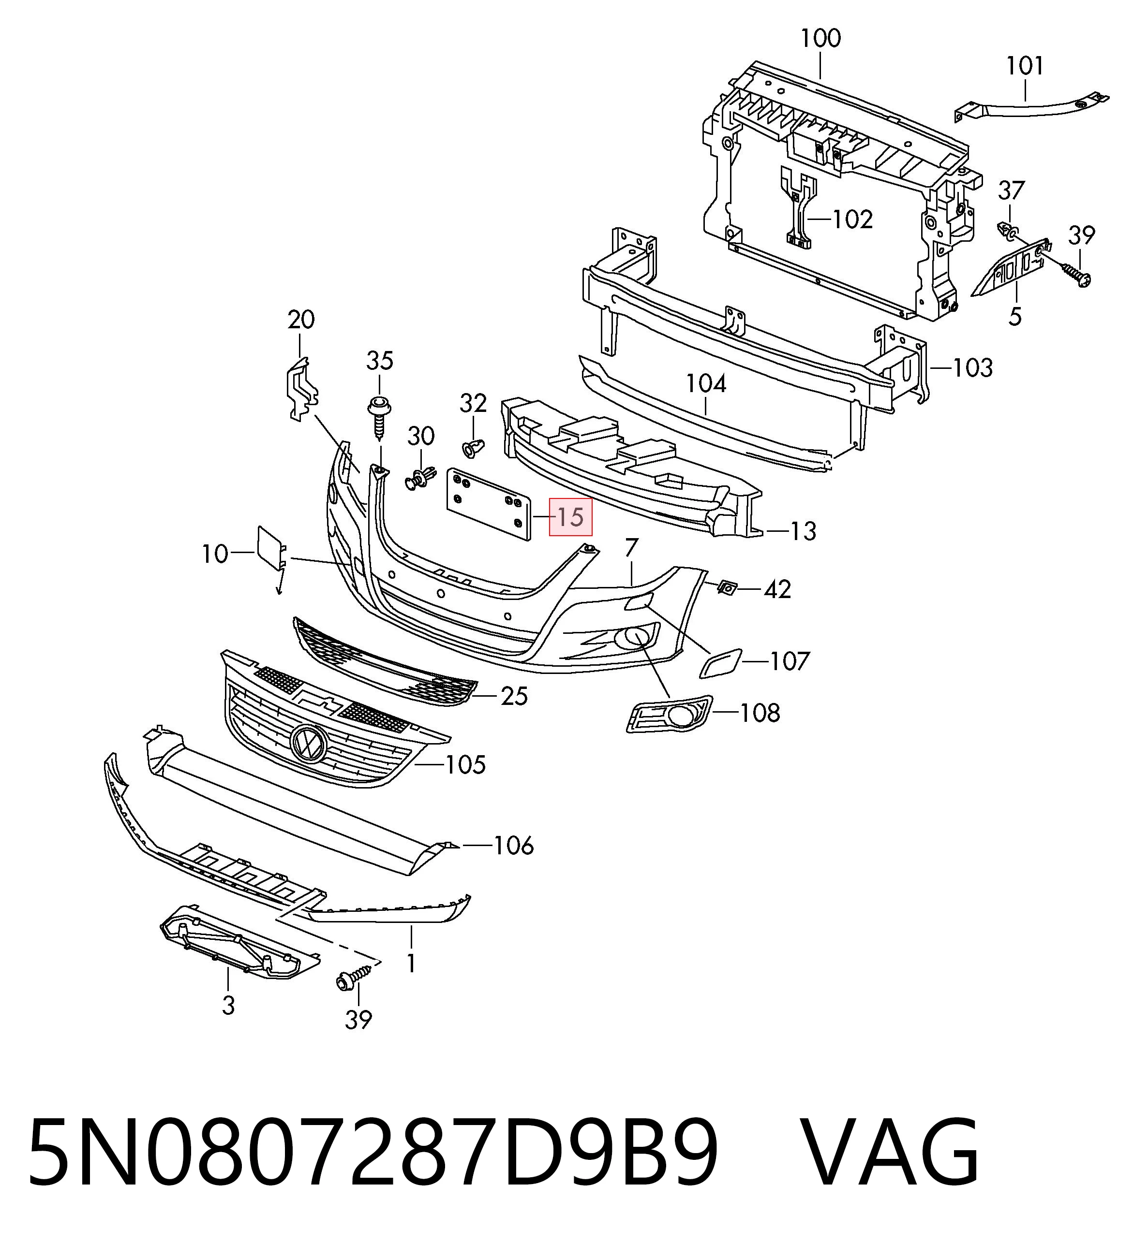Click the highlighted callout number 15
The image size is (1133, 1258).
[570, 518]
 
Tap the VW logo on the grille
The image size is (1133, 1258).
[308, 742]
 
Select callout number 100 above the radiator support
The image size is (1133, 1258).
[820, 39]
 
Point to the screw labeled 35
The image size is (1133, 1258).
[378, 416]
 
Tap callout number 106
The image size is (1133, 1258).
[514, 846]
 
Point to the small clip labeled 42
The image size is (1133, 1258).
[727, 586]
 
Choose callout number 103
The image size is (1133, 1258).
[972, 368]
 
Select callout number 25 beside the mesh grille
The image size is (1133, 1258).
[514, 696]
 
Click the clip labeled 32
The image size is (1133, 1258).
[474, 447]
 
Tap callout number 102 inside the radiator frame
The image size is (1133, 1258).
[853, 219]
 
